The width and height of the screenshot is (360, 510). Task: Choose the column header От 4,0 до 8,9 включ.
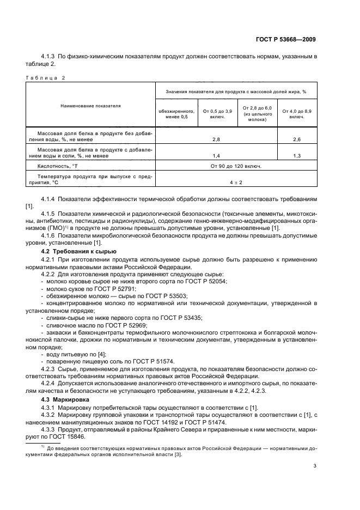(x=297, y=114)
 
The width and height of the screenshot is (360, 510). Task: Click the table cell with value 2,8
(x=216, y=139)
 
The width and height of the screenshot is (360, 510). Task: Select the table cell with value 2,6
(x=297, y=139)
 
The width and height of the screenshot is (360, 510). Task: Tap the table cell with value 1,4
(x=216, y=155)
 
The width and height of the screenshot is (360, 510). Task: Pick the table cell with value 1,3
(x=297, y=155)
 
